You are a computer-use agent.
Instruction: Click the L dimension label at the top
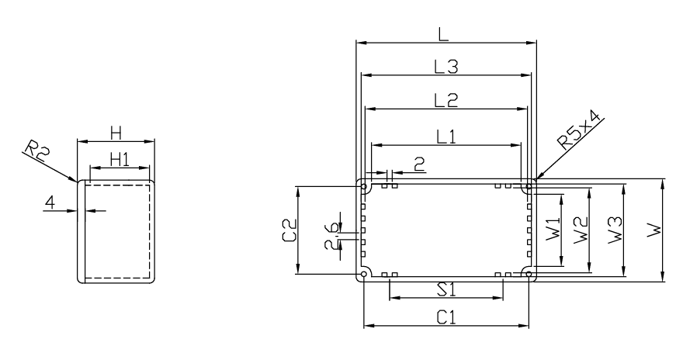coord(444,34)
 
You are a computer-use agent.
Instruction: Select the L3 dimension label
coord(445,67)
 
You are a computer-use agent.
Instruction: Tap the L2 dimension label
coord(445,100)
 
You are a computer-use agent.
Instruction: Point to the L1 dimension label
coord(445,137)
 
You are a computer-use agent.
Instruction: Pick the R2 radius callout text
coord(37,151)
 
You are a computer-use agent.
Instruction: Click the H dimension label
coord(116,133)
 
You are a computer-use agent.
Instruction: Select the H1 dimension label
coord(120,160)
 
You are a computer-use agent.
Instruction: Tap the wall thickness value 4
coord(50,202)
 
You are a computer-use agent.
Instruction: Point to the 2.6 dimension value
coord(331,237)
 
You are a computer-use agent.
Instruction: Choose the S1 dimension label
coord(446,289)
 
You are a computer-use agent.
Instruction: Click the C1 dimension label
coord(446,318)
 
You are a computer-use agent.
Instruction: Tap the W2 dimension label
coord(581,230)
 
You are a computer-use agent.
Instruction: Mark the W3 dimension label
coord(615,230)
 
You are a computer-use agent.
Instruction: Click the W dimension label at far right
coord(654,230)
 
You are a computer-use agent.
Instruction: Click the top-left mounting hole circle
coord(364,187)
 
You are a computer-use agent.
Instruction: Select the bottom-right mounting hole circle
coord(529,274)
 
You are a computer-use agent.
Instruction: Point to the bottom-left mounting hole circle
coord(364,274)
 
